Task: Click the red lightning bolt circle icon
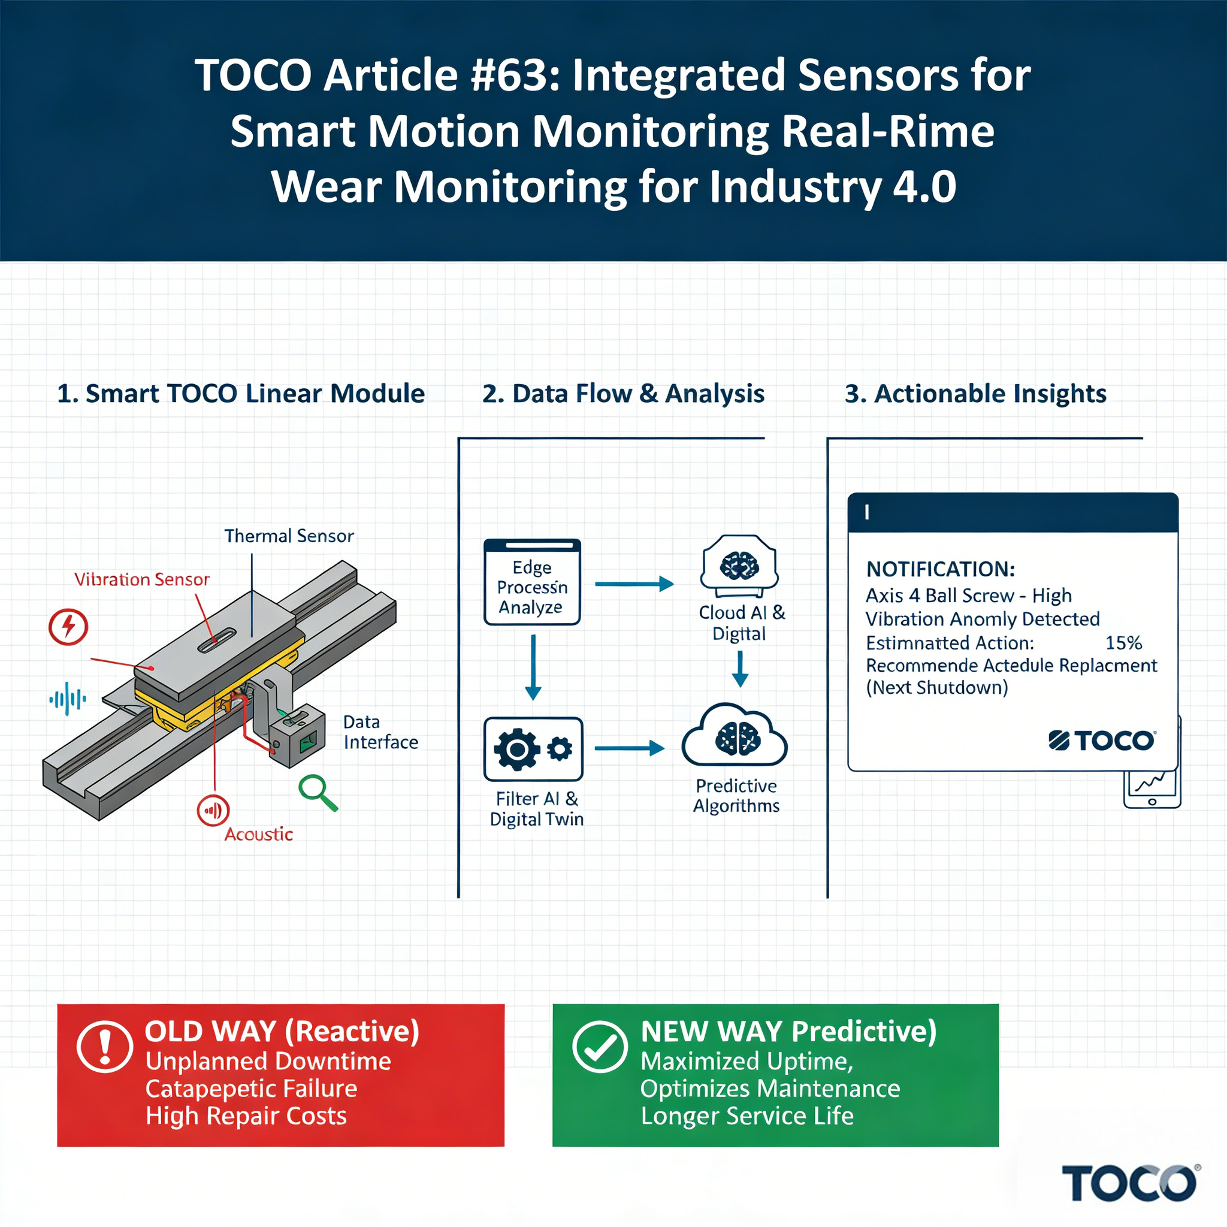tap(68, 627)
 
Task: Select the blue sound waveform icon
tap(68, 699)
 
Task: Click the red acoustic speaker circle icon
tap(213, 811)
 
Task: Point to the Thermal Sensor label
tap(289, 536)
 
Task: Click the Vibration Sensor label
tap(141, 579)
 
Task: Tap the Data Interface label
tap(380, 732)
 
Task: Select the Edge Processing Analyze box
tap(532, 582)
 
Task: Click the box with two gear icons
tap(533, 749)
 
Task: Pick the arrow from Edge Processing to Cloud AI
tap(634, 584)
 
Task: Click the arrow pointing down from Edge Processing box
tap(533, 667)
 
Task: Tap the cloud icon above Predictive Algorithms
tap(735, 736)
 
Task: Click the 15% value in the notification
tap(1123, 643)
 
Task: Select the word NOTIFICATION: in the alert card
tap(941, 569)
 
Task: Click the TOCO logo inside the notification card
tap(1102, 741)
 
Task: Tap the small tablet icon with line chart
tap(1152, 789)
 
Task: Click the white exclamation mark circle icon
tap(105, 1046)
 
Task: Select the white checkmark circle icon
tap(600, 1046)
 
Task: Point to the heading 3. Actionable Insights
tap(975, 394)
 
